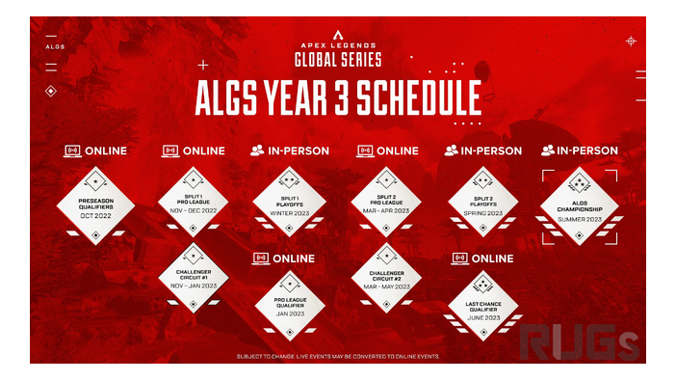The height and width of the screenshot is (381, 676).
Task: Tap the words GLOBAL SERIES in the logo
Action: (338, 60)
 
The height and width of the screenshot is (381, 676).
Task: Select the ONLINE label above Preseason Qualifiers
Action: (95, 150)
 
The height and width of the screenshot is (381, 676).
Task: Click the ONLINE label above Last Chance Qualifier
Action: (483, 259)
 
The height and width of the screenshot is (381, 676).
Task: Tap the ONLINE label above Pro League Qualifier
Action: (285, 259)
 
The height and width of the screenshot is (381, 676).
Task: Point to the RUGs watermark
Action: (577, 340)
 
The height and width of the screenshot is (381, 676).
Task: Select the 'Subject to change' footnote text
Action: (338, 356)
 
